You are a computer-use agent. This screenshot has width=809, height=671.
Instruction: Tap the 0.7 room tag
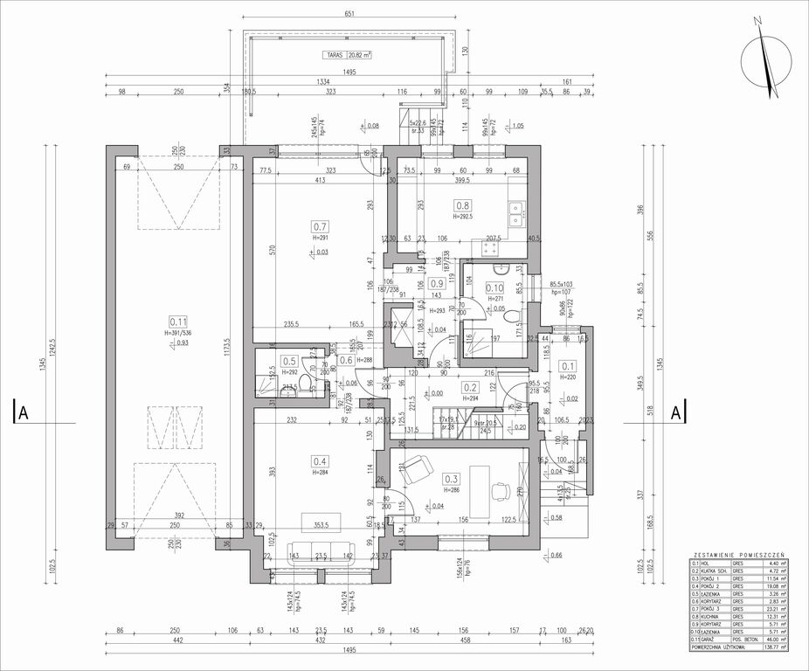(319, 225)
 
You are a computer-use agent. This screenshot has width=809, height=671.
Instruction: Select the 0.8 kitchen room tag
(461, 206)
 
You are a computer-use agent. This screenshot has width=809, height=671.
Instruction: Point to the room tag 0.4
(319, 461)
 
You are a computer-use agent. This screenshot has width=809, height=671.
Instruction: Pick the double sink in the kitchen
(516, 211)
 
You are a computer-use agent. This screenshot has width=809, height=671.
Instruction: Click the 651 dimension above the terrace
(349, 14)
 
